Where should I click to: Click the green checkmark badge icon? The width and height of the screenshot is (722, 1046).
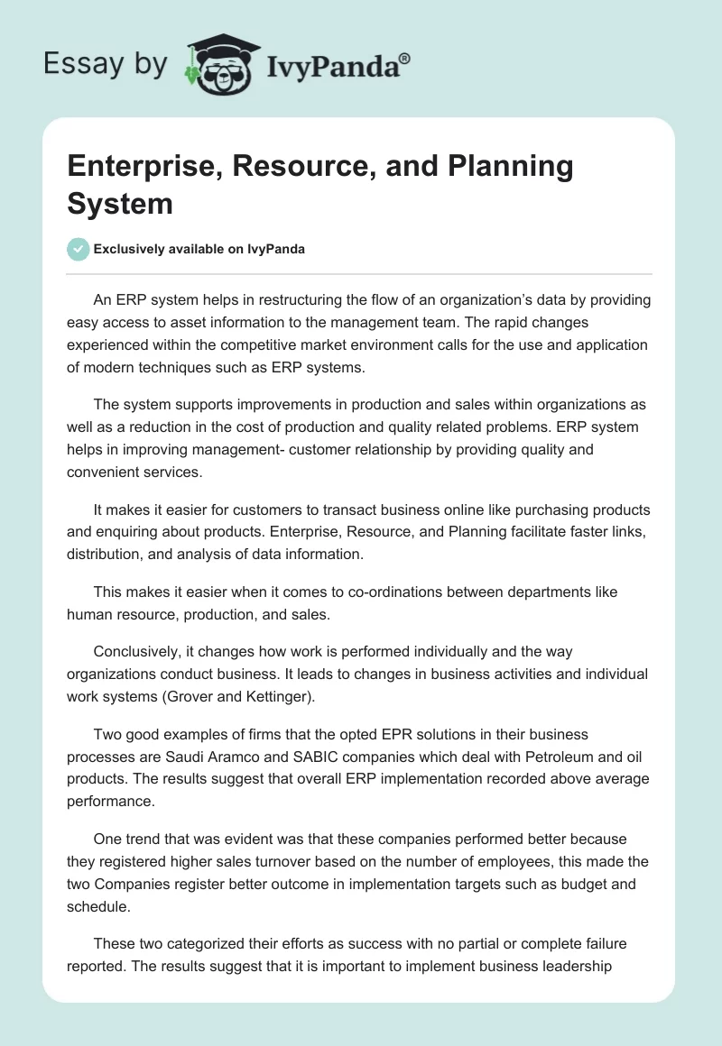pos(78,249)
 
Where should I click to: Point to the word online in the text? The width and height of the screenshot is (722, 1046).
pos(439,509)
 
